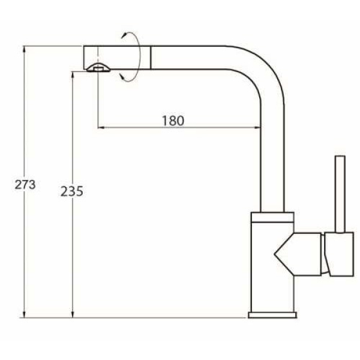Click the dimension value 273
point(25,184)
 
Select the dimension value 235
point(72,191)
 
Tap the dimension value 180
point(173,121)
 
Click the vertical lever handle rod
point(340,194)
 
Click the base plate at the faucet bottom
point(272,315)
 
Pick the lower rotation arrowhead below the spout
point(122,77)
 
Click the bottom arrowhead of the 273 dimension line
point(25,314)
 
